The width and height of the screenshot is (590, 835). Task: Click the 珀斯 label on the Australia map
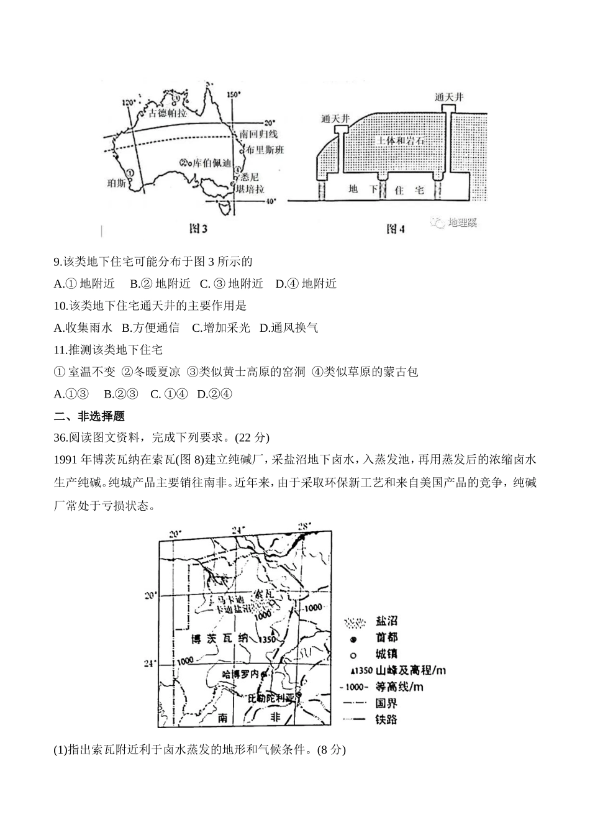117,183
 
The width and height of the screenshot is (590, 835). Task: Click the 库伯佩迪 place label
212,163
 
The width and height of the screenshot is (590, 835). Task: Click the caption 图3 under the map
198,229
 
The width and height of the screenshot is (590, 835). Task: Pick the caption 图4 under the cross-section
396,229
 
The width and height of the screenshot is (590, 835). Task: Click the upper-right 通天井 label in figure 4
449,97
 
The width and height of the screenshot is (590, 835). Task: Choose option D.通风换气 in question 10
289,327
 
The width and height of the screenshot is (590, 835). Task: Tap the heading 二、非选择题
89,416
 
